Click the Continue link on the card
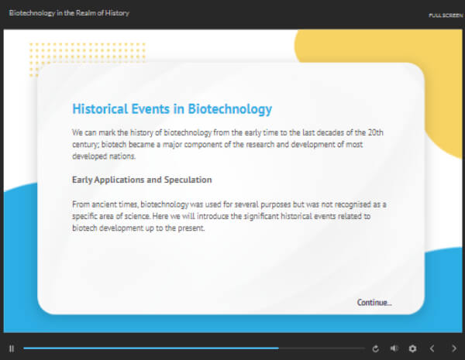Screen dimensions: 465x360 374,303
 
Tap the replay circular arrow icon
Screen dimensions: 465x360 375,348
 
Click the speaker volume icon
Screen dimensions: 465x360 394,348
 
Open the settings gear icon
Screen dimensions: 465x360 412,348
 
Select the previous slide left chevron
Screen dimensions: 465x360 432,348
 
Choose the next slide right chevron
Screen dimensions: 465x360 454,348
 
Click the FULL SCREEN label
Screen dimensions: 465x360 446,15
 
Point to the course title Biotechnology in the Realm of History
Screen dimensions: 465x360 69,13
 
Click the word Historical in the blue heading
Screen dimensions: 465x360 100,108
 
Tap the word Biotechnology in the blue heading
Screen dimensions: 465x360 230,109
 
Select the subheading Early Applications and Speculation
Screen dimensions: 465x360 142,180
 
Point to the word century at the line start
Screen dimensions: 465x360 85,145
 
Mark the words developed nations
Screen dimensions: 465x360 104,156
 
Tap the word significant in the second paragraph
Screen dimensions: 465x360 261,217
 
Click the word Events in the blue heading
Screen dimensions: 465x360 150,108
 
